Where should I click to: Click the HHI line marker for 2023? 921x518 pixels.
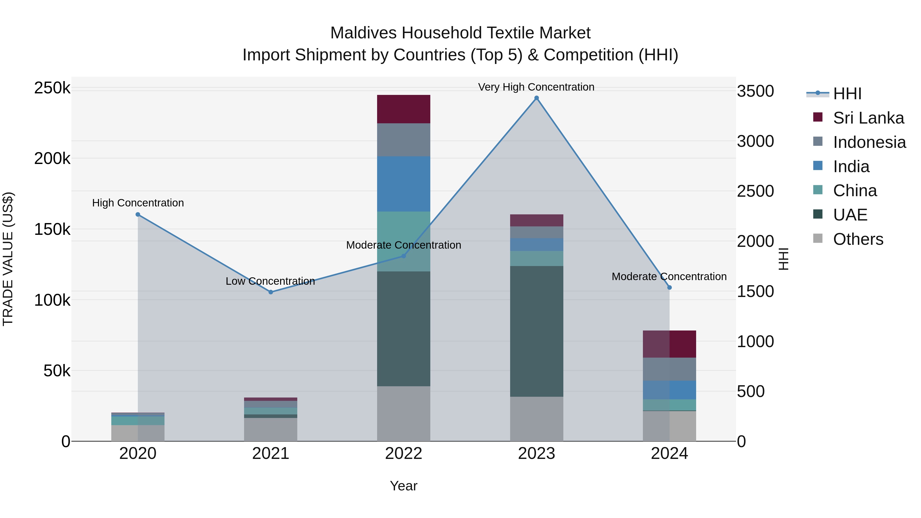pos(536,98)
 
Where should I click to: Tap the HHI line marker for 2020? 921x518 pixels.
pos(138,215)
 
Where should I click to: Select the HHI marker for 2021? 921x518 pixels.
pos(271,292)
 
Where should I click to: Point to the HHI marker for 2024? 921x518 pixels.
pos(669,288)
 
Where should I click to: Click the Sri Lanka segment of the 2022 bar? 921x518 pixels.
pos(404,109)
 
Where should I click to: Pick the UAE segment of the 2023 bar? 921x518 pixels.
pos(536,331)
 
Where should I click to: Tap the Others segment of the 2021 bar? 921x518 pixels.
pos(271,429)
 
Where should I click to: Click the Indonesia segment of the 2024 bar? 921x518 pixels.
pos(669,369)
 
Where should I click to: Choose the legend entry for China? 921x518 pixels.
pos(854,191)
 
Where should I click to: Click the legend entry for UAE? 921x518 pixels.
pos(850,215)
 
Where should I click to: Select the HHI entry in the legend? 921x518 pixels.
pos(847,94)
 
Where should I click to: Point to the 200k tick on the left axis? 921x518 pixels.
pos(52,158)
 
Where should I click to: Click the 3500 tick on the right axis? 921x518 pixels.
pos(755,91)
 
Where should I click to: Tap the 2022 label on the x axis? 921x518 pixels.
pos(404,454)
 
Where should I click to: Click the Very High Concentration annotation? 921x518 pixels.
pos(536,87)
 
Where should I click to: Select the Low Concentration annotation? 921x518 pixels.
pos(270,281)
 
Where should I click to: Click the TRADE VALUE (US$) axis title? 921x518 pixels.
pos(8,259)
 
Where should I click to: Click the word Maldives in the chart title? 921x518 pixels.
pos(363,33)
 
